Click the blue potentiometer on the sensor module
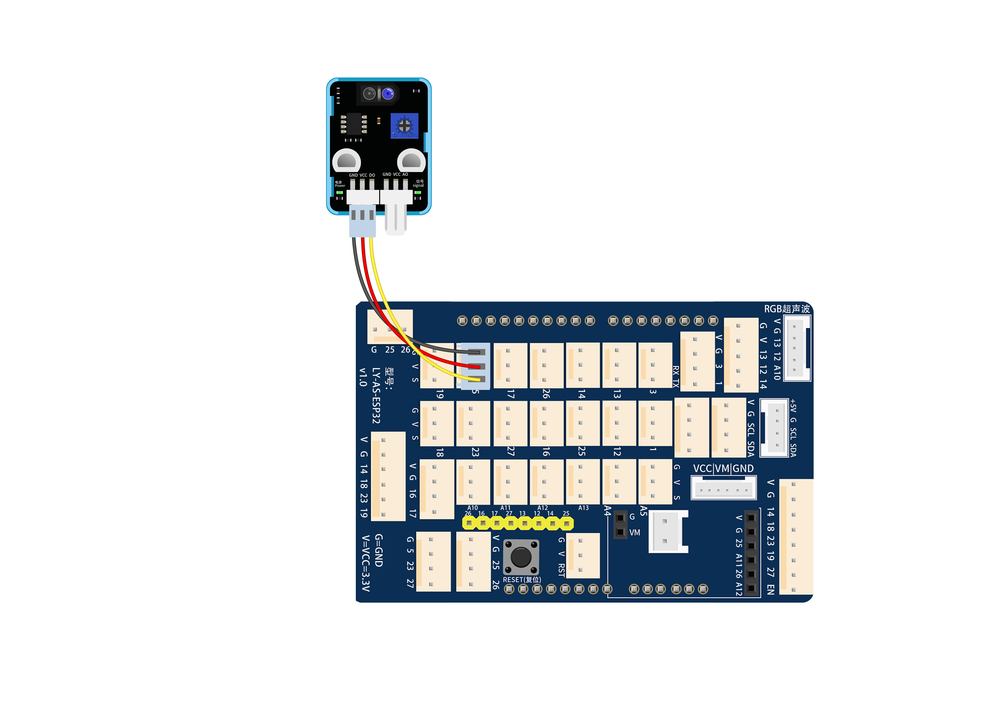pyautogui.click(x=405, y=126)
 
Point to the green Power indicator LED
pyautogui.click(x=339, y=192)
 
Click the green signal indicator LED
pyautogui.click(x=418, y=192)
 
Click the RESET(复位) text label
pyautogui.click(x=522, y=580)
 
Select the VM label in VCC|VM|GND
pyautogui.click(x=723, y=469)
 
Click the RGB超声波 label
pyautogui.click(x=787, y=309)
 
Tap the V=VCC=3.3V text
pyautogui.click(x=366, y=563)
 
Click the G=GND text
pyautogui.click(x=379, y=550)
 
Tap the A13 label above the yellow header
pyautogui.click(x=584, y=508)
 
